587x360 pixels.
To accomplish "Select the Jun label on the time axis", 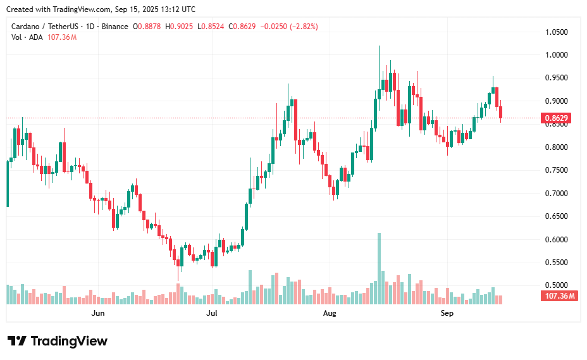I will [97, 313].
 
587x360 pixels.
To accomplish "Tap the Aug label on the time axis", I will [329, 313].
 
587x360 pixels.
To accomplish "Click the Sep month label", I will [447, 313].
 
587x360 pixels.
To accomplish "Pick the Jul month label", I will [212, 313].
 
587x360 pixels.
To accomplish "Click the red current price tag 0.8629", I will [556, 118].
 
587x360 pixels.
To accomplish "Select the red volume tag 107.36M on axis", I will [559, 296].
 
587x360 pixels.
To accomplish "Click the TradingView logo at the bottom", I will [58, 341].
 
